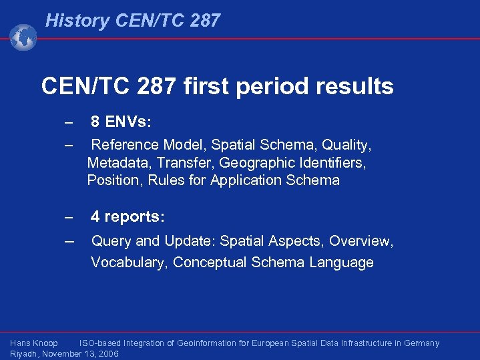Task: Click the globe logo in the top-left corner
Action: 23,37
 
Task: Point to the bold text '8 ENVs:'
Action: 121,122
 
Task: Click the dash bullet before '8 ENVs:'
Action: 68,122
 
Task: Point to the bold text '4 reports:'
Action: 128,217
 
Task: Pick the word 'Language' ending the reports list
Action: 341,262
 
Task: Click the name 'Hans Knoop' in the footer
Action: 34,343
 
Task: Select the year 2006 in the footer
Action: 107,354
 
